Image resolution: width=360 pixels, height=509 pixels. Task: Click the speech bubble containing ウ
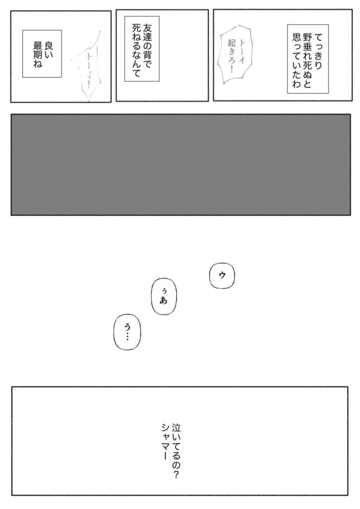(222, 275)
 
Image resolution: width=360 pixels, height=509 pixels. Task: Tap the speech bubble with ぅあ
(164, 296)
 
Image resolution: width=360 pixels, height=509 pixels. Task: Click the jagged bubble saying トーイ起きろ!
(236, 55)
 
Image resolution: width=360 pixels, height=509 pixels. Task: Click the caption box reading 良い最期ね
(42, 54)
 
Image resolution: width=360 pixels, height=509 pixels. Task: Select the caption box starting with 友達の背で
(142, 49)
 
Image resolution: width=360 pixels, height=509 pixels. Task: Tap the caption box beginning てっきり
(307, 59)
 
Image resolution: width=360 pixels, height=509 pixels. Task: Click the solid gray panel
(181, 165)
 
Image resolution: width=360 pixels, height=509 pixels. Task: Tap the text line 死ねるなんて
(136, 51)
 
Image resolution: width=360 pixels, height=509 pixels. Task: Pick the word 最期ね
(37, 55)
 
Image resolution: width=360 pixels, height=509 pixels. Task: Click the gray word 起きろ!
(231, 56)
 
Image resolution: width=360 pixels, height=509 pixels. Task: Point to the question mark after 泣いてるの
(176, 475)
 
